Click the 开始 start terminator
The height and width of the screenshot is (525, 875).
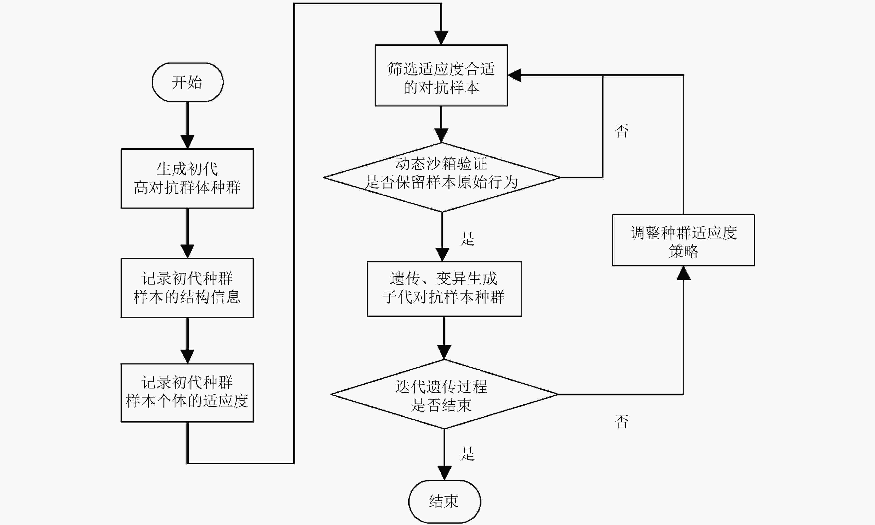187,82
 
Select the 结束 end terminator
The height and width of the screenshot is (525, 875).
444,501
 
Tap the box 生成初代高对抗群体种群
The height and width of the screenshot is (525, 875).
187,178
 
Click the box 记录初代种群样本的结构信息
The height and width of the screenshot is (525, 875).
187,288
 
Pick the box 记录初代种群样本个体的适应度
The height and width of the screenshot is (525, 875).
187,393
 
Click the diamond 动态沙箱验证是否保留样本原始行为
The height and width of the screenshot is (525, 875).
442,177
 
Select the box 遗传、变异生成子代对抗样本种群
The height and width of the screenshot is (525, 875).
444,289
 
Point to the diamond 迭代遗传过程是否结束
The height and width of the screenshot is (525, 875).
444,394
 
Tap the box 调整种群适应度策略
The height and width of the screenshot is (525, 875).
683,240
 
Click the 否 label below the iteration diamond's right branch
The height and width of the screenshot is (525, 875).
622,422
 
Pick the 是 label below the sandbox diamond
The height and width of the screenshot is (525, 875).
467,239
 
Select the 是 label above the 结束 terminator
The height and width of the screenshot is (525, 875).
467,454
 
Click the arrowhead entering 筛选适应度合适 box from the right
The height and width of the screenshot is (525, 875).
514,75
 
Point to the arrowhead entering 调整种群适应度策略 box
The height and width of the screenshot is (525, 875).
683,273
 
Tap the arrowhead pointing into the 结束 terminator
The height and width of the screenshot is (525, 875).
444,473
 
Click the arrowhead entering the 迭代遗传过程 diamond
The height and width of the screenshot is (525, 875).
444,352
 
